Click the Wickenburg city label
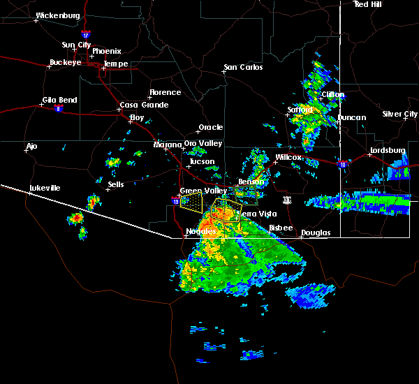[x=57, y=15]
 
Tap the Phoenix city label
[x=106, y=51]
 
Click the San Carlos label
[x=243, y=67]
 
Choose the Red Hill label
[x=367, y=4]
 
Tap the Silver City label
[x=400, y=114]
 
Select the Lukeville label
[x=45, y=188]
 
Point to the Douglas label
[x=315, y=232]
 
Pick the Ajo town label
[x=31, y=147]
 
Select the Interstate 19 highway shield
[x=174, y=200]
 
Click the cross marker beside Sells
[x=108, y=189]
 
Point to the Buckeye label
[x=64, y=62]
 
